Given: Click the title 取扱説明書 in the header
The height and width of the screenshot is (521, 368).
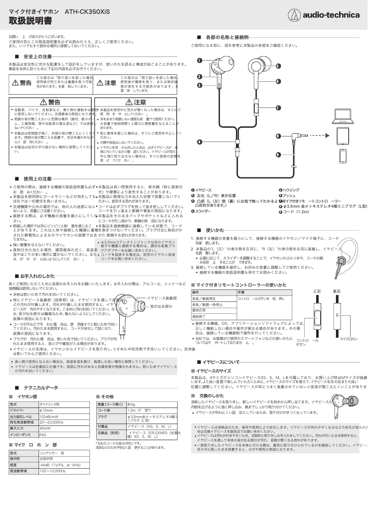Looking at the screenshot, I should [x=30, y=22].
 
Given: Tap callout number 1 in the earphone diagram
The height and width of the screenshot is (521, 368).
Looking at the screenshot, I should [x=200, y=60].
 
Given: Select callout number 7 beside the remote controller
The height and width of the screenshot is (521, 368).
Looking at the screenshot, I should [x=278, y=107].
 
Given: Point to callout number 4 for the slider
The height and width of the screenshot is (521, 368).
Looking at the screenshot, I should [x=200, y=142].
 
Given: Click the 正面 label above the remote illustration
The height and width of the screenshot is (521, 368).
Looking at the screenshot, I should [x=317, y=291].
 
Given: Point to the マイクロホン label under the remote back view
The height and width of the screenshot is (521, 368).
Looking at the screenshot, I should [x=349, y=339].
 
